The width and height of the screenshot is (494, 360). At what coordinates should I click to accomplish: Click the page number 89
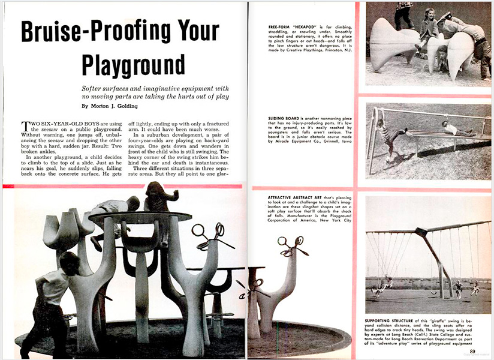point(472,351)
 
